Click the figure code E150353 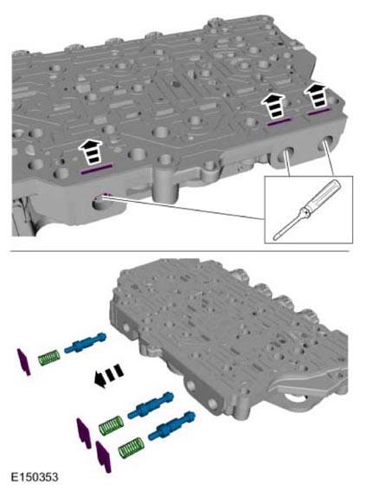(35, 477)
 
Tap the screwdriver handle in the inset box (323, 196)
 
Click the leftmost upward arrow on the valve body (91, 152)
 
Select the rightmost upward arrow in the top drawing (317, 94)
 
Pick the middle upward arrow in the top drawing (273, 106)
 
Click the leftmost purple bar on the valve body (96, 169)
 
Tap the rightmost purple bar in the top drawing (318, 112)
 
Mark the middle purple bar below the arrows (279, 122)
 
